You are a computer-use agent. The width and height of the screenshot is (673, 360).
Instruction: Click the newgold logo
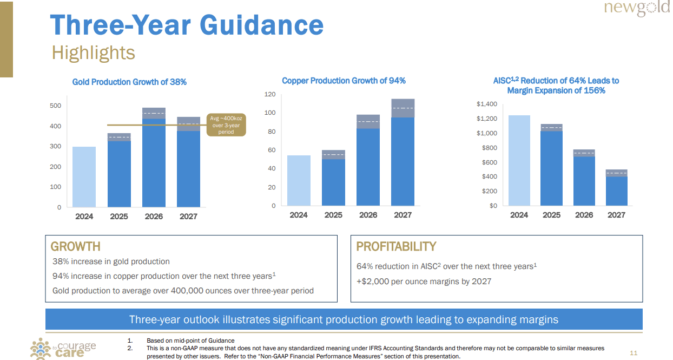coord(637,9)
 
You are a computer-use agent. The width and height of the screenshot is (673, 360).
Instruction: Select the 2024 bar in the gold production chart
coord(84,176)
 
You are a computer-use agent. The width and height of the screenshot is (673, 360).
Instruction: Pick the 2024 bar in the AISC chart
coord(519,160)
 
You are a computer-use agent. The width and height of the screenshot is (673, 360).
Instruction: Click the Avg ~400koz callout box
coord(226,125)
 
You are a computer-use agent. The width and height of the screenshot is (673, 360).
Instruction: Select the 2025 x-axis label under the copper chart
coord(333,215)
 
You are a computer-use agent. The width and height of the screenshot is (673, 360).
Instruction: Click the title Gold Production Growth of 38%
coord(129,82)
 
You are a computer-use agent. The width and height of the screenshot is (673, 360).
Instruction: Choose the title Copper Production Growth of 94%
coord(344,81)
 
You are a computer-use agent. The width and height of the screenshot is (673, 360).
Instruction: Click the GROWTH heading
coord(75,247)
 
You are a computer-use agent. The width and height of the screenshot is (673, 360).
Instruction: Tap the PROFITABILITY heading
coord(396,247)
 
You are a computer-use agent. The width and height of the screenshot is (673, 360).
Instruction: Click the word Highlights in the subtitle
coord(93,53)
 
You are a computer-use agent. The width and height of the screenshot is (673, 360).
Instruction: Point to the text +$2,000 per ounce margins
coord(424,282)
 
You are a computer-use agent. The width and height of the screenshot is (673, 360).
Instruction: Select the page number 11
coord(634,353)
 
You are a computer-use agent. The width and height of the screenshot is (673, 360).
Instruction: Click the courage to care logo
coord(63,348)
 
